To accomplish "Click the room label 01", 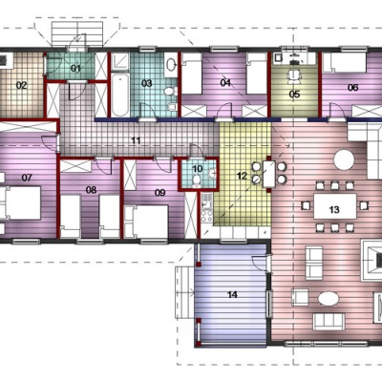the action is [75, 68].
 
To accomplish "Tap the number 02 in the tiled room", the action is [22, 85].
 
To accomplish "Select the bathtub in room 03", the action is [120, 95].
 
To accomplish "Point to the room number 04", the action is [225, 83].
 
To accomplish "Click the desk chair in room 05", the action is [295, 76].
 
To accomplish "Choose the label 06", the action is [352, 87].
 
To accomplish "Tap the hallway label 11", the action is [136, 140].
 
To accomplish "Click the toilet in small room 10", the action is [197, 180].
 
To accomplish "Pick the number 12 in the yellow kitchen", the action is [242, 176].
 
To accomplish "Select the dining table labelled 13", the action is [335, 206].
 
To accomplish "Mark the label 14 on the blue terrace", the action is [232, 294].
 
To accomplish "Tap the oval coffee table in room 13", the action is [329, 299].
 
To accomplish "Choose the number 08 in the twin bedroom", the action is [91, 190].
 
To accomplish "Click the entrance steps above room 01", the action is [77, 34].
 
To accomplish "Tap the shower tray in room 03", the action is [120, 62].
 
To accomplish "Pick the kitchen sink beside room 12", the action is [205, 201].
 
